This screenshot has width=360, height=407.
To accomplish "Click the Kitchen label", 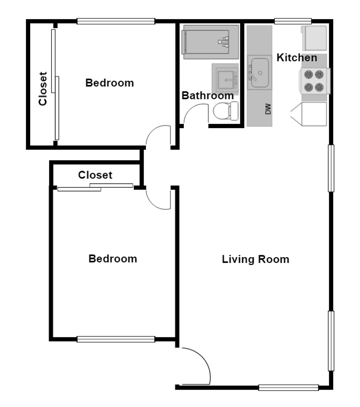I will coord(297,58).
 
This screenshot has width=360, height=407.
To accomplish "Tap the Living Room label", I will coord(255,259).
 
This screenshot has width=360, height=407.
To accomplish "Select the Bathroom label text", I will coord(207,96).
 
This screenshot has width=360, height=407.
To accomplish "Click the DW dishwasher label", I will coord(268,110).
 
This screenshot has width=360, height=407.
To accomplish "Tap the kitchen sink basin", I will coord(259,73).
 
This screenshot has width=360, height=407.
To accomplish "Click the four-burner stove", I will coord(314,81).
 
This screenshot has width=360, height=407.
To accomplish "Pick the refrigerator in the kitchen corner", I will coord(314,38).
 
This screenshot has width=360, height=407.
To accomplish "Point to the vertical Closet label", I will coord(43,89).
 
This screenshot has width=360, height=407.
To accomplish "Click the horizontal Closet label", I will coord(95,175).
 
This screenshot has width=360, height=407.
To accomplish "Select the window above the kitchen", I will coord(293,21).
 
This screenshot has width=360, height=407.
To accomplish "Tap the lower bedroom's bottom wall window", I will coord(116,339).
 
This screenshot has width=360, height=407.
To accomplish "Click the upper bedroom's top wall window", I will coord(116,21).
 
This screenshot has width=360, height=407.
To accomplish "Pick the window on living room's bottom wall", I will coord(288,387).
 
